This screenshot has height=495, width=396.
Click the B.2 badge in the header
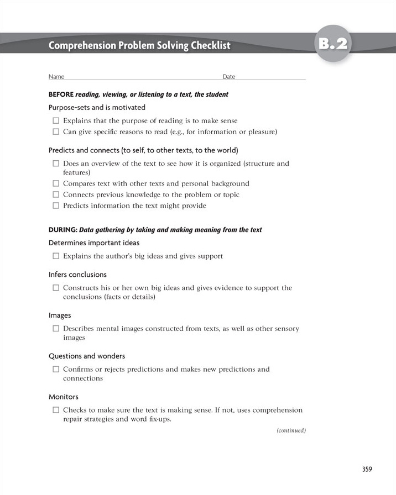click(334, 44)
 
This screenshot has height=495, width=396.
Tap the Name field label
click(56, 77)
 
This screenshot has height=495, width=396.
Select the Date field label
click(228, 77)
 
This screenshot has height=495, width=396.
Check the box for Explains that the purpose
click(56, 120)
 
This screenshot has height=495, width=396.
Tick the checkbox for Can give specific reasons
click(56, 131)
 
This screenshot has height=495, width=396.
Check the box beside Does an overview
click(56, 164)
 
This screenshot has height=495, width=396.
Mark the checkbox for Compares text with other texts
click(56, 183)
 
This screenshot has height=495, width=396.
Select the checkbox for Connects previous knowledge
click(56, 194)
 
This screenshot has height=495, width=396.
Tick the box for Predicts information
click(56, 206)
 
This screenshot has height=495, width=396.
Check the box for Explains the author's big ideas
click(56, 256)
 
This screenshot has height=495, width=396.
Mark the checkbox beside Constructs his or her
click(56, 288)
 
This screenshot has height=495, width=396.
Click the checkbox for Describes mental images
click(56, 329)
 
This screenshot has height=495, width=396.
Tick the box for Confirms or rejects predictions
click(56, 369)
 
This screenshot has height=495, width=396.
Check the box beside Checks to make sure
click(56, 410)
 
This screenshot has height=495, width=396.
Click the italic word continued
click(291, 430)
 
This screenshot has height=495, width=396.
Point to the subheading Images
click(60, 315)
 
